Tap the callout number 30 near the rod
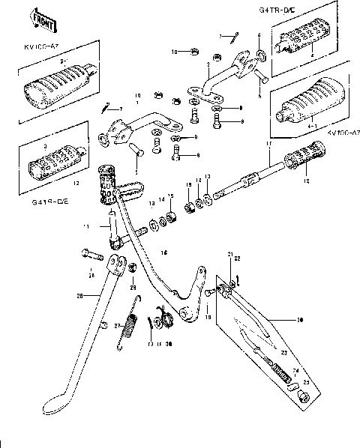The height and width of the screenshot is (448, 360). pos(300,320)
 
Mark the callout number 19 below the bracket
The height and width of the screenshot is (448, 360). pos(208,318)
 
